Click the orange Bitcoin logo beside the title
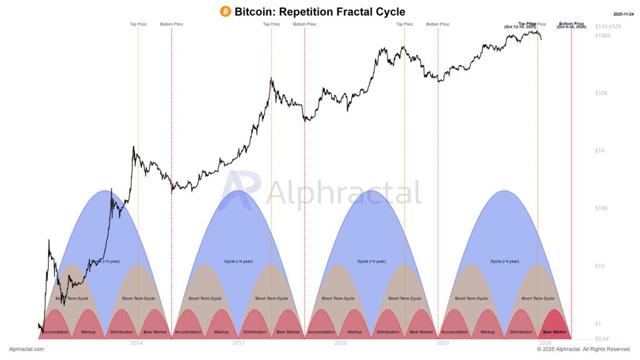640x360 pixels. click(226, 12)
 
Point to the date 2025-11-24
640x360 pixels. click(624, 14)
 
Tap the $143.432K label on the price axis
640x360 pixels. click(609, 27)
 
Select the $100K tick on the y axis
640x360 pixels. click(602, 36)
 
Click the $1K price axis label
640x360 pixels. click(600, 151)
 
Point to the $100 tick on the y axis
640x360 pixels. click(601, 208)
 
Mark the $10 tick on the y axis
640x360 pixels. click(599, 266)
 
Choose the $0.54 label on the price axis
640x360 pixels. click(601, 338)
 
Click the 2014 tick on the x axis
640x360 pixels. click(136, 343)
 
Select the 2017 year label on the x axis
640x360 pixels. click(238, 343)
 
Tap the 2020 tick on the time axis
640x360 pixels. click(341, 343)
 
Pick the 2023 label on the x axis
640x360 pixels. click(442, 343)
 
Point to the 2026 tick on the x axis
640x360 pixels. click(545, 343)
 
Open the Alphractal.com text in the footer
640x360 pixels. click(26, 349)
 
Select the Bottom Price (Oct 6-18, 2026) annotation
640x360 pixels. click(571, 25)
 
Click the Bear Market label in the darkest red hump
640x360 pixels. click(554, 332)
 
